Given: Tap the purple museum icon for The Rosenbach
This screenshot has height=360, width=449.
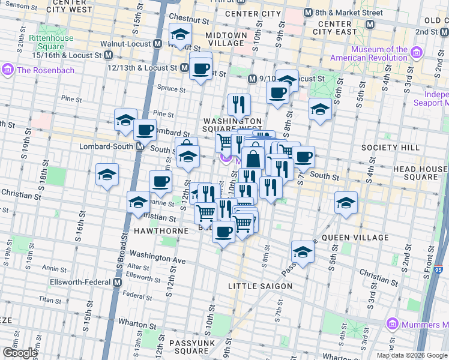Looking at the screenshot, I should tap(8, 70).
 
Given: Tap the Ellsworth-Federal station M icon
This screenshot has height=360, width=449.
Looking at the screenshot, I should tap(117, 282).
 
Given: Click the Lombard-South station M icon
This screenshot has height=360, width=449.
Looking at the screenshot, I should tap(139, 146).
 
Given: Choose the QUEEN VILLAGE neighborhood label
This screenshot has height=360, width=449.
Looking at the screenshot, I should tap(352, 238).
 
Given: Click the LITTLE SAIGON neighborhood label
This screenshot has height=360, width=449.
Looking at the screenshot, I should tap(260, 286).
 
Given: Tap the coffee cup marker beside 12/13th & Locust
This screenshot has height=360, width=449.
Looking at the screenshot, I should tap(200, 67).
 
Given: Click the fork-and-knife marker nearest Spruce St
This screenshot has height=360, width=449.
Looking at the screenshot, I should tap(239, 104).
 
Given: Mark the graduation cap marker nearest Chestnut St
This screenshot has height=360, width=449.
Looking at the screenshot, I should tap(179, 35).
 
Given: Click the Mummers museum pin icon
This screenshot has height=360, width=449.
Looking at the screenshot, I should tap(394, 324).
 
